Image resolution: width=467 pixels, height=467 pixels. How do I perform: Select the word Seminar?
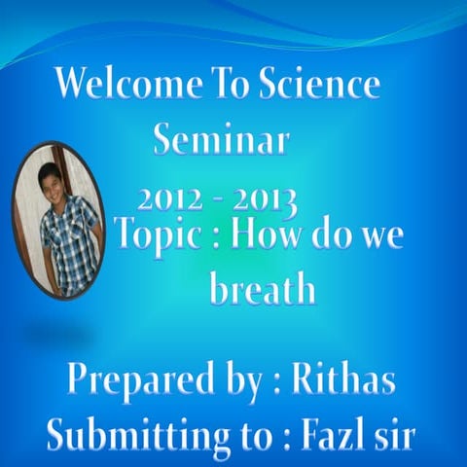tap(222, 141)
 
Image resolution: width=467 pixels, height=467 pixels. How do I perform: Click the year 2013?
tap(265, 200)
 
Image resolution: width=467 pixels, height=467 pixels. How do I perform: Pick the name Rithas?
tap(346, 379)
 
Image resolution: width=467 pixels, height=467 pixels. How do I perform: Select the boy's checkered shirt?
tap(70, 243)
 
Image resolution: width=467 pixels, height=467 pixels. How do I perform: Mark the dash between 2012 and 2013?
tap(219, 199)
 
